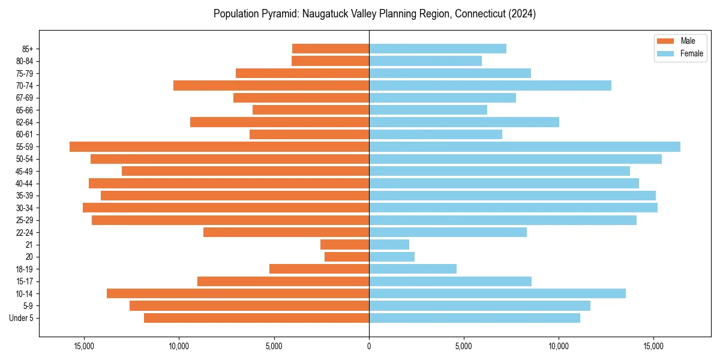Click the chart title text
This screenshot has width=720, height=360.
pyautogui.click(x=374, y=14)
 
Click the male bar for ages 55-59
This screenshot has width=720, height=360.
pyautogui.click(x=219, y=147)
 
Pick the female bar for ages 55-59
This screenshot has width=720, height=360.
pyautogui.click(x=524, y=147)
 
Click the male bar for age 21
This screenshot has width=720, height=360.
pyautogui.click(x=344, y=245)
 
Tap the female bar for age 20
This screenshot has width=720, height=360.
pyautogui.click(x=392, y=257)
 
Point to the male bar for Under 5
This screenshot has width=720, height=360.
pyautogui.click(x=256, y=318)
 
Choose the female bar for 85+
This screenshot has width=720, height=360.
pyautogui.click(x=437, y=49)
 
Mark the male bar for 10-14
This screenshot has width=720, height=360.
pyautogui.click(x=238, y=293)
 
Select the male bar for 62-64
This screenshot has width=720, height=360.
pyautogui.click(x=280, y=122)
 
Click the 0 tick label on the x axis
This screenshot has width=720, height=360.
pyautogui.click(x=369, y=347)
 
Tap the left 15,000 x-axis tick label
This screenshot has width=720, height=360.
pyautogui.click(x=85, y=347)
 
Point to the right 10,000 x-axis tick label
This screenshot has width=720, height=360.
pyautogui.click(x=559, y=347)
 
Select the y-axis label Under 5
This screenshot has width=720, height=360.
pyautogui.click(x=22, y=318)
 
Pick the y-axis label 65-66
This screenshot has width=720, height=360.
pyautogui.click(x=25, y=110)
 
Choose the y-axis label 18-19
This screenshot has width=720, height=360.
pyautogui.click(x=25, y=269)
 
